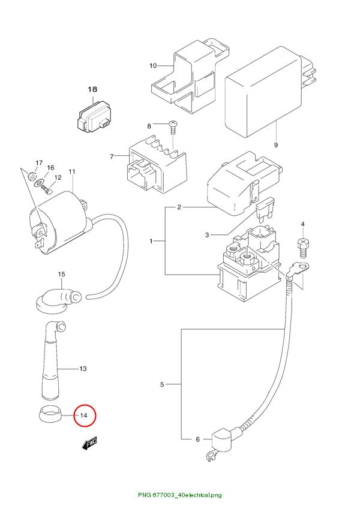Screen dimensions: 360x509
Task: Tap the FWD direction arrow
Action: point(89,443)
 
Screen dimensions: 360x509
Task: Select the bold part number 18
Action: point(92,89)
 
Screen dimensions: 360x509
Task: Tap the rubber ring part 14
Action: point(49,413)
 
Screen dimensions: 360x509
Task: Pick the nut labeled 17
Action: point(32,176)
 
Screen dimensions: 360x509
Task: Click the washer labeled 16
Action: point(40,182)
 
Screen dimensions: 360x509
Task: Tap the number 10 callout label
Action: point(153,66)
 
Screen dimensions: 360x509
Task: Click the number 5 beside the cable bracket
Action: point(162,385)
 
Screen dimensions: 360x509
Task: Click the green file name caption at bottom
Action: point(179,495)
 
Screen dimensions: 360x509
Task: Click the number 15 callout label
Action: point(61,275)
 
